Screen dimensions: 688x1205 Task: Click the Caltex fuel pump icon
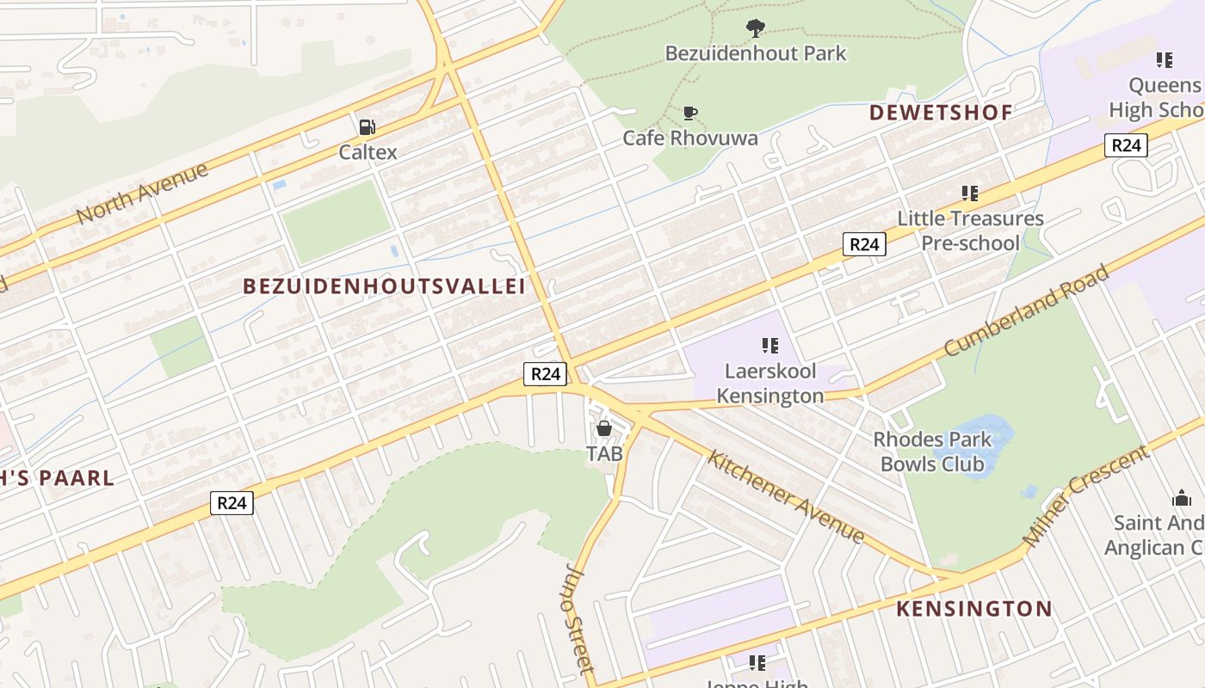click(x=368, y=127)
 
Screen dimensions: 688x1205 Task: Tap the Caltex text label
click(x=368, y=152)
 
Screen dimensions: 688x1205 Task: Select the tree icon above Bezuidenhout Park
click(x=755, y=28)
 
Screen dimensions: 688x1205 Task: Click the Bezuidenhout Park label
click(x=755, y=53)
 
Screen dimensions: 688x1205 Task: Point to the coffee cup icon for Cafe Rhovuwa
click(x=689, y=113)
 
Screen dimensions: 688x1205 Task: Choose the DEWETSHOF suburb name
click(x=940, y=113)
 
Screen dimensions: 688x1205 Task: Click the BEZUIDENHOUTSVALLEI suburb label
click(x=384, y=286)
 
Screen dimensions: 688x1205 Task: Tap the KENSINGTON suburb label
click(x=973, y=609)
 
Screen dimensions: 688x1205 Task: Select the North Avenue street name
click(x=142, y=193)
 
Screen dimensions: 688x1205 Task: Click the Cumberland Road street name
click(x=1026, y=310)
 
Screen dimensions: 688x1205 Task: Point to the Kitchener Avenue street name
click(x=785, y=495)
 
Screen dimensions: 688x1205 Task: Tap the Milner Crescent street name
click(x=1085, y=496)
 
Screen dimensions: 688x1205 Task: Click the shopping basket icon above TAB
click(x=604, y=427)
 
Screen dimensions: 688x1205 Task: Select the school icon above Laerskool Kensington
click(x=769, y=346)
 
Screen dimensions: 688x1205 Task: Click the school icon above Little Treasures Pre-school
click(x=970, y=193)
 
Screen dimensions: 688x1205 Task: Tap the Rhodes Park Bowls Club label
click(x=931, y=451)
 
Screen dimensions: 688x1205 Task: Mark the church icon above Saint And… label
click(x=1181, y=498)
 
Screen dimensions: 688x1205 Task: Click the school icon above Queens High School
click(x=1164, y=60)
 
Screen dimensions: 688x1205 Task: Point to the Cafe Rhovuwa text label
click(x=689, y=138)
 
